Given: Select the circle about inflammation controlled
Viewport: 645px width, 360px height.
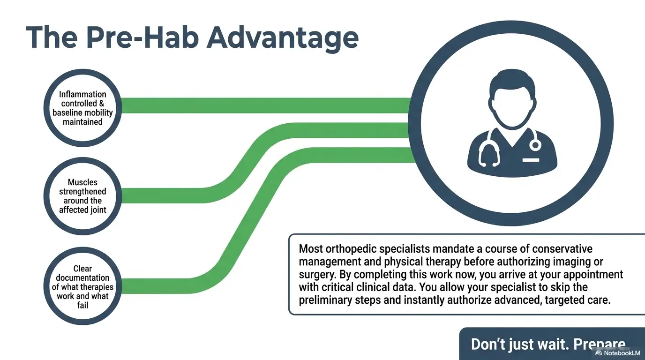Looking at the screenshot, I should click(83, 107).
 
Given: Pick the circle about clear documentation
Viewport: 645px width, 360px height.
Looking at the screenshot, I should click(83, 286).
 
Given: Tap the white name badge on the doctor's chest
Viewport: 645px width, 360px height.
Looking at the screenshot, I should click(531, 161).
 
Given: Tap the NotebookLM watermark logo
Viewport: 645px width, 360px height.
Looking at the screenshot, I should click(599, 353).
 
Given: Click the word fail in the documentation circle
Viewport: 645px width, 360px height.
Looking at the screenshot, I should click(82, 305).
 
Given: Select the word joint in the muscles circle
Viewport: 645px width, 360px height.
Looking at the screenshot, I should click(97, 210).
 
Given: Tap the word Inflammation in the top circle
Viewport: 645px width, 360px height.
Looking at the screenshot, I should click(83, 94).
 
